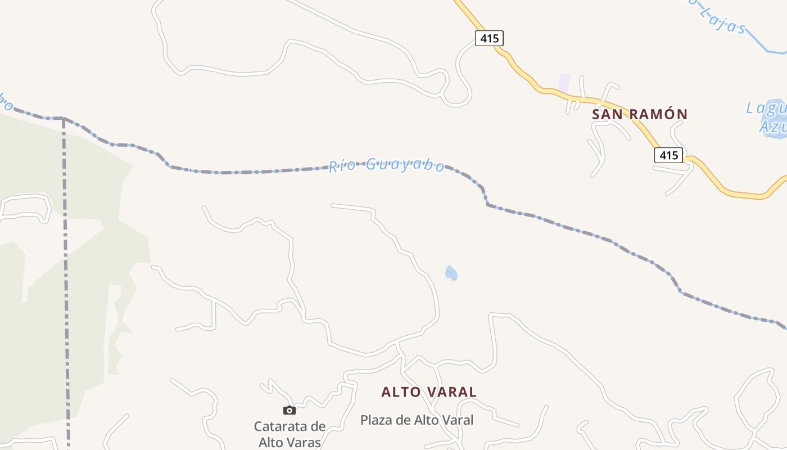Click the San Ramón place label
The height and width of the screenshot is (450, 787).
click(640, 114)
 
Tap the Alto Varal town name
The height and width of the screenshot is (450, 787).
click(429, 392)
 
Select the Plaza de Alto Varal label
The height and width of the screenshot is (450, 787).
click(417, 420)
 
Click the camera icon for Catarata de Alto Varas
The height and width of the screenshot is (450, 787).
click(290, 410)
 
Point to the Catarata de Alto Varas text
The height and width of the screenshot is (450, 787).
click(290, 434)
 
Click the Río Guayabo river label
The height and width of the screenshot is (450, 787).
click(387, 165)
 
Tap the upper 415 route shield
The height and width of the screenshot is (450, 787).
click(489, 38)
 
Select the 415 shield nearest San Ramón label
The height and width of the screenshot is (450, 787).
click(668, 155)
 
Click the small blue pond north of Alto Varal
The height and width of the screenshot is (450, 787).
click(451, 273)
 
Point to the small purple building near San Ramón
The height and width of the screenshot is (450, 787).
click(564, 82)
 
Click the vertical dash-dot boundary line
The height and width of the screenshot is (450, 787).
click(66, 281)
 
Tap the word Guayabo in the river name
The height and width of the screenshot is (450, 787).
click(405, 165)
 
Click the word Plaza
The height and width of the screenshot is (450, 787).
click(376, 420)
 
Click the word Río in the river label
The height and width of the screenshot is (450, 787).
click(342, 166)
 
